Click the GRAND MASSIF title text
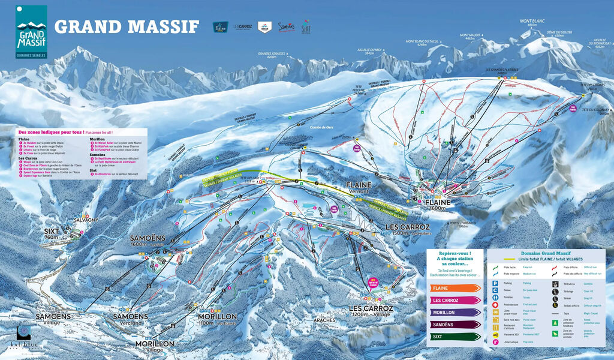[127, 26]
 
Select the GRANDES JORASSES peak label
[271, 55]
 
